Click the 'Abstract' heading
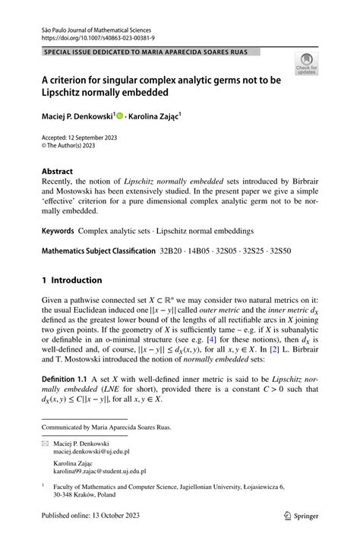[x=58, y=172]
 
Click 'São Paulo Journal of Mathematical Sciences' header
[x=96, y=26]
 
